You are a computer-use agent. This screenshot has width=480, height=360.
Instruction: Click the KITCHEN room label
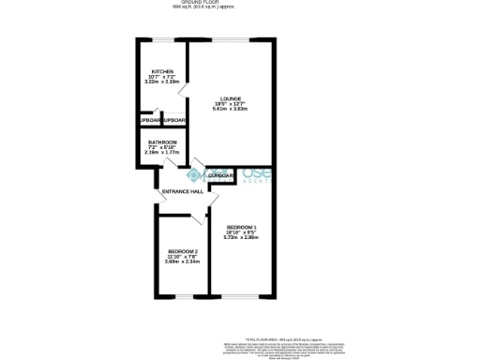[162, 71]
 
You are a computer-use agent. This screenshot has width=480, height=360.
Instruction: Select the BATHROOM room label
[162, 142]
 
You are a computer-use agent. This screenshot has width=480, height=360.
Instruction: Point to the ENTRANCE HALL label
[183, 191]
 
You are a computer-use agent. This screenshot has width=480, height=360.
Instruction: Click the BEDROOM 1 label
[241, 228]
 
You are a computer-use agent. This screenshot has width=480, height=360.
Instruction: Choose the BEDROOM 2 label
[182, 251]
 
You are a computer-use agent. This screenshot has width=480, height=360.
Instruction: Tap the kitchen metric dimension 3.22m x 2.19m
[162, 82]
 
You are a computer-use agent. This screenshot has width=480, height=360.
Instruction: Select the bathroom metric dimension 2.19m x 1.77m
[162, 152]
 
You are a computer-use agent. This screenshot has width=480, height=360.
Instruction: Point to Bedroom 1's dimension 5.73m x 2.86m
[241, 238]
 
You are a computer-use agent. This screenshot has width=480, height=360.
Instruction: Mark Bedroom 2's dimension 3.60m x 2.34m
[182, 262]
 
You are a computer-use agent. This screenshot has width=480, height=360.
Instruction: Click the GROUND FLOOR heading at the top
[202, 3]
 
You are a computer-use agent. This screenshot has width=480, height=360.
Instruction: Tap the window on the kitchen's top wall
[162, 40]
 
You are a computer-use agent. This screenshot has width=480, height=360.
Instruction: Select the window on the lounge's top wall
[231, 40]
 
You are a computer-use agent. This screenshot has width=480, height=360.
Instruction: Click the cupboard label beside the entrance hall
[221, 175]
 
